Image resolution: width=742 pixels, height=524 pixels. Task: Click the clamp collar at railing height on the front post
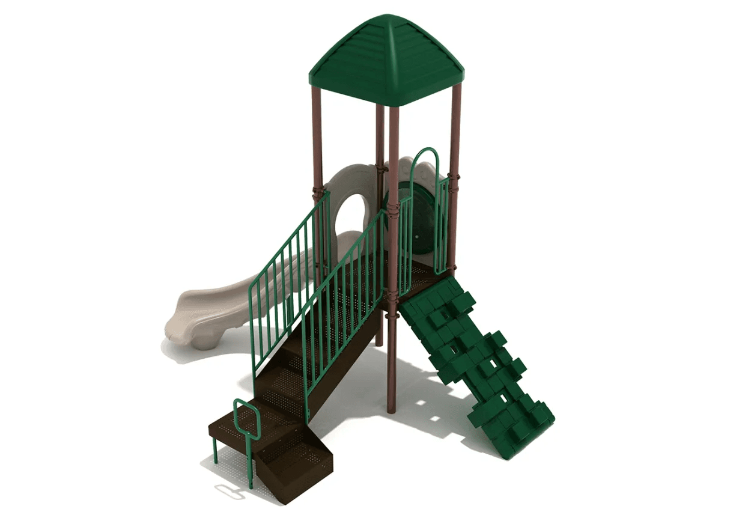pos(394,210)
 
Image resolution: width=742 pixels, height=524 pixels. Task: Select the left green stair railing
pos(288,276)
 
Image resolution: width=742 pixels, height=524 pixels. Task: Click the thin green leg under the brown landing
pos(215,451)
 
